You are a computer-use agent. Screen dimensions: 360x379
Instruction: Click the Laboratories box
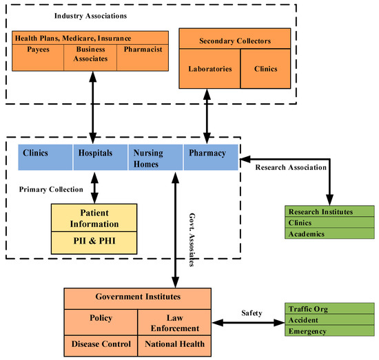[209, 69]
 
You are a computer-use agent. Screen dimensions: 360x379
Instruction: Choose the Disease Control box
[101, 342]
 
